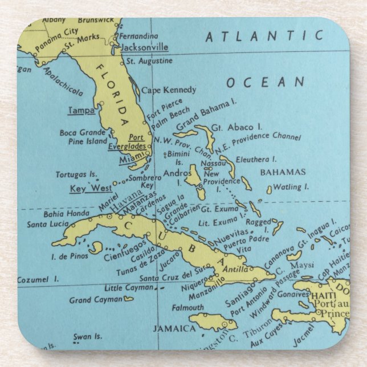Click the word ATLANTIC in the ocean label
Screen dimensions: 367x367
point(264,37)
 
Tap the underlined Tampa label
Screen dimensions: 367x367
point(81,110)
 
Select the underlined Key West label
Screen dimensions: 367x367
point(91,188)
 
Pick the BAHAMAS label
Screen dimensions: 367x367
point(283,172)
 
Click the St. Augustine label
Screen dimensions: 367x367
point(149,60)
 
